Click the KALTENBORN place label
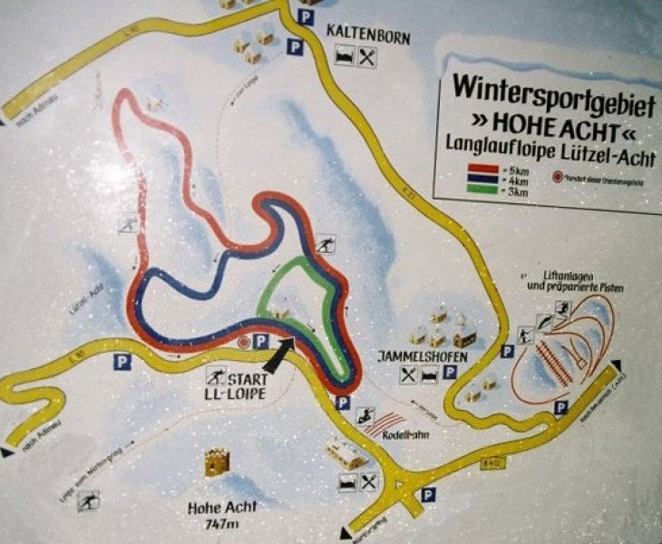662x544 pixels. [x=368, y=37]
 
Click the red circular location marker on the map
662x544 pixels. [x=243, y=343]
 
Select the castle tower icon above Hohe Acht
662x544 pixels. [x=217, y=463]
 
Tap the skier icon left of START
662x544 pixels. [x=217, y=375]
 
